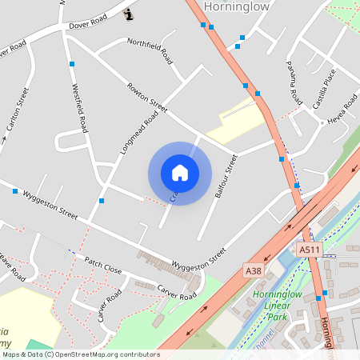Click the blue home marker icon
coord(180,173)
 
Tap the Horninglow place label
coord(238,6)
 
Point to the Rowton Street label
coord(146,97)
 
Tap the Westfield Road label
coord(79,108)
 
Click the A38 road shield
coord(254,271)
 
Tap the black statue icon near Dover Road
coord(130,14)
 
